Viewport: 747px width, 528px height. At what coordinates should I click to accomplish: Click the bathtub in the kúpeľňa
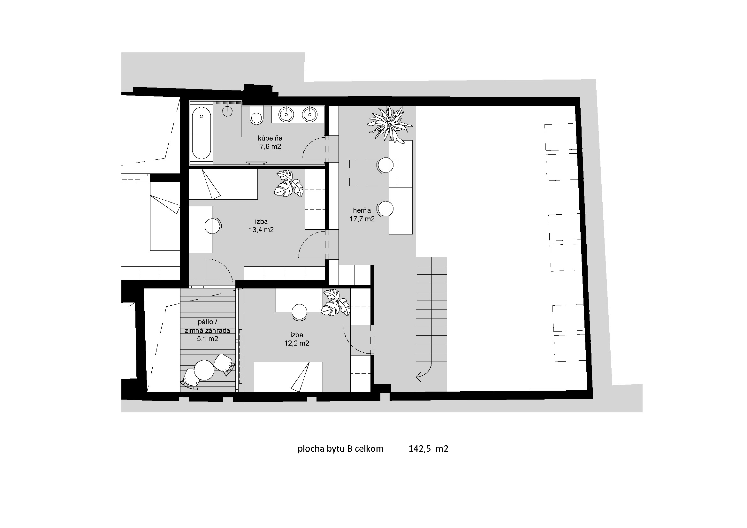tap(202, 134)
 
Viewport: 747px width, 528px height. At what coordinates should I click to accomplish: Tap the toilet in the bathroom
tap(256, 115)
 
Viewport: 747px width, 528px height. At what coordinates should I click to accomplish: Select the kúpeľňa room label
tap(270, 138)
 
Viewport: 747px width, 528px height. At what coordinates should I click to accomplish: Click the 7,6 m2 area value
tap(270, 146)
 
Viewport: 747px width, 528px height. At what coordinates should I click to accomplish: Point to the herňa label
tap(362, 210)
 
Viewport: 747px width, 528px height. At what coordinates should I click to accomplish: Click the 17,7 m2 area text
tap(362, 219)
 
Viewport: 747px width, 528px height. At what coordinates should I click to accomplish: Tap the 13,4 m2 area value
tap(261, 230)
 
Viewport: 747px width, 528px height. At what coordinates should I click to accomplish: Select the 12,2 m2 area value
tap(297, 343)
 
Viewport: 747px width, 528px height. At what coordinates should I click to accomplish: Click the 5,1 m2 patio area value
tap(208, 339)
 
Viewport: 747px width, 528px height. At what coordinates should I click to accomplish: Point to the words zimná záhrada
tap(208, 331)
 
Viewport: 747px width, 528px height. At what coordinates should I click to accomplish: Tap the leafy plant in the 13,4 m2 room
tap(288, 183)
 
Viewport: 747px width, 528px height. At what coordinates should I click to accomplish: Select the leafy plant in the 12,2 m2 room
tap(335, 302)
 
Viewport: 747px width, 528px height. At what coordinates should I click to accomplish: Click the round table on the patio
tap(204, 370)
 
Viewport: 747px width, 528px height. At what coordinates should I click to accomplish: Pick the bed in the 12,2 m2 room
tap(288, 377)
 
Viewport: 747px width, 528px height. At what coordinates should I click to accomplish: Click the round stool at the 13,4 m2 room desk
tap(212, 226)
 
